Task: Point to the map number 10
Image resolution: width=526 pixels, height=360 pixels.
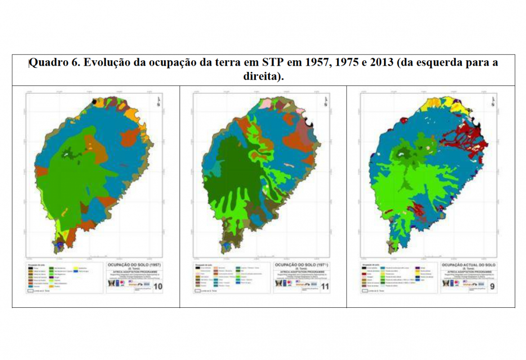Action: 158,287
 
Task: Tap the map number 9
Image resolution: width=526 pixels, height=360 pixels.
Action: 493,287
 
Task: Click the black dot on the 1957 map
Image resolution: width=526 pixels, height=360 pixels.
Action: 94,102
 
